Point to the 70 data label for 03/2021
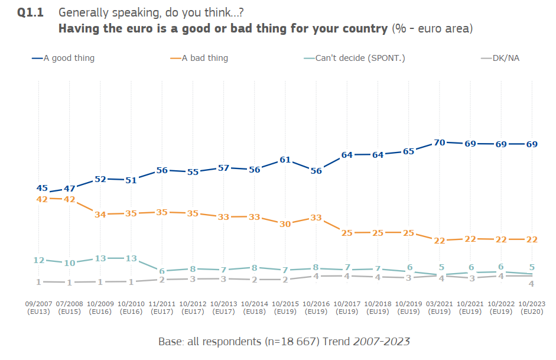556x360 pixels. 439,142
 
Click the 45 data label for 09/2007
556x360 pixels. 41,188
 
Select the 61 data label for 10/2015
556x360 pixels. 285,160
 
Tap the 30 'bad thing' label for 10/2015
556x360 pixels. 285,224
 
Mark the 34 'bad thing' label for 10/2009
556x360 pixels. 100,215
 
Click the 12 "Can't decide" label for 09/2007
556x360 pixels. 39,260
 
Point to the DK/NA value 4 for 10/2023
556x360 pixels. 531,283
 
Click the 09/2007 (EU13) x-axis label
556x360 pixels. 39,307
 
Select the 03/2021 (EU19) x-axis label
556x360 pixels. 439,307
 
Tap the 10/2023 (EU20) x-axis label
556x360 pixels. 531,307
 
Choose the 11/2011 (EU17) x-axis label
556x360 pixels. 162,307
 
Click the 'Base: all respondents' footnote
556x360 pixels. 284,342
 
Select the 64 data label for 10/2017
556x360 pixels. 347,155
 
